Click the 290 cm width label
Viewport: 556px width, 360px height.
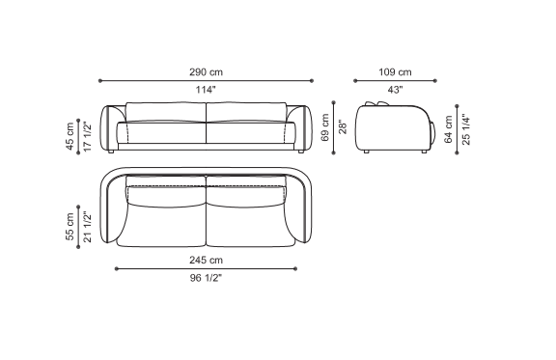pos(206,72)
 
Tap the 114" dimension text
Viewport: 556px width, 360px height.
pos(206,90)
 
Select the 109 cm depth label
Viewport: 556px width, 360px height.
pos(395,72)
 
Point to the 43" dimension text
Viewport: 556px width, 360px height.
pos(395,90)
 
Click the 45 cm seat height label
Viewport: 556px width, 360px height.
pos(69,136)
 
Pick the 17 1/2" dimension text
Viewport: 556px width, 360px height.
pos(87,136)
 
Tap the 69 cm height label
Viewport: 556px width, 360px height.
pos(325,127)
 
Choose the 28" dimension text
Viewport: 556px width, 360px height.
pos(343,127)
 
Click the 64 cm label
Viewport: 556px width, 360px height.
pos(448,129)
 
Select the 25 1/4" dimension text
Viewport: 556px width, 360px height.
pos(466,129)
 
